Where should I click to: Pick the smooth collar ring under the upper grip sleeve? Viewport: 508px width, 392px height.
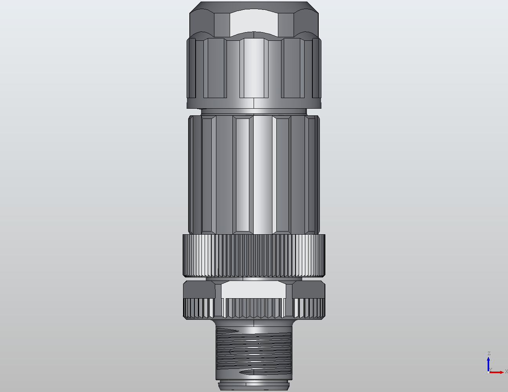click(254, 103)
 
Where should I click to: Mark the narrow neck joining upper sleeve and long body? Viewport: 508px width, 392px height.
click(254, 111)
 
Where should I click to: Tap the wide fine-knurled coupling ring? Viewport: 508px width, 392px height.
click(254, 255)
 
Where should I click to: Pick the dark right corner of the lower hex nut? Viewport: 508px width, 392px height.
click(308, 290)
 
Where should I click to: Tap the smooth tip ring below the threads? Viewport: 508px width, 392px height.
click(254, 385)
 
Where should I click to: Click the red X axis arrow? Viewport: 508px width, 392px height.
click(497, 372)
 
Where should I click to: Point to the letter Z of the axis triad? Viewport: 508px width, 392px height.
click(489, 354)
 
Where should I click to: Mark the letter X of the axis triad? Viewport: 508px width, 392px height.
click(506, 371)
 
